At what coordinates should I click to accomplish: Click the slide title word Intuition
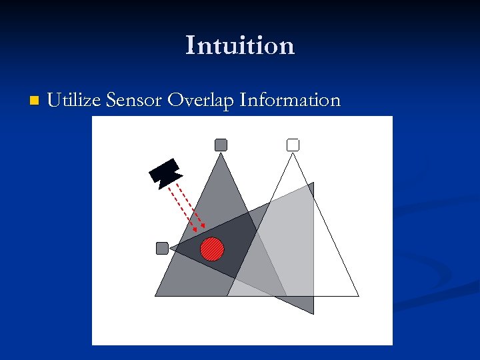click(x=240, y=45)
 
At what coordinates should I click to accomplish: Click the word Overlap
click(x=200, y=101)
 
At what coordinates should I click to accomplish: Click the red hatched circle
click(x=212, y=249)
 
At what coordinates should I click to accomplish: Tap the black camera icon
click(x=165, y=171)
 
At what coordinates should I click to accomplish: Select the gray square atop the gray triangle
click(x=221, y=145)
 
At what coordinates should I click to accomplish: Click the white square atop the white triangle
click(x=293, y=145)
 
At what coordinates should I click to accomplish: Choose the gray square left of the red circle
click(x=162, y=248)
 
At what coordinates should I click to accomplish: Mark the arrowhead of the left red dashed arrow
click(x=195, y=230)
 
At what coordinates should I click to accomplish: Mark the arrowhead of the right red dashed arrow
click(x=204, y=227)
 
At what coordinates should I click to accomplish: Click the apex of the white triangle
click(x=293, y=153)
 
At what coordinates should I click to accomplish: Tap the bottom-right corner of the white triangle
click(x=359, y=296)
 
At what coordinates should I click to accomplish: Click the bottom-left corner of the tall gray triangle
click(x=155, y=296)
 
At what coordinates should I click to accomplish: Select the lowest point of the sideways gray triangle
click(x=313, y=314)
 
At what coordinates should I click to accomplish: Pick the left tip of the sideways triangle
click(x=171, y=248)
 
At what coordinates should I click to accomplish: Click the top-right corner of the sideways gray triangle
click(x=313, y=183)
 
